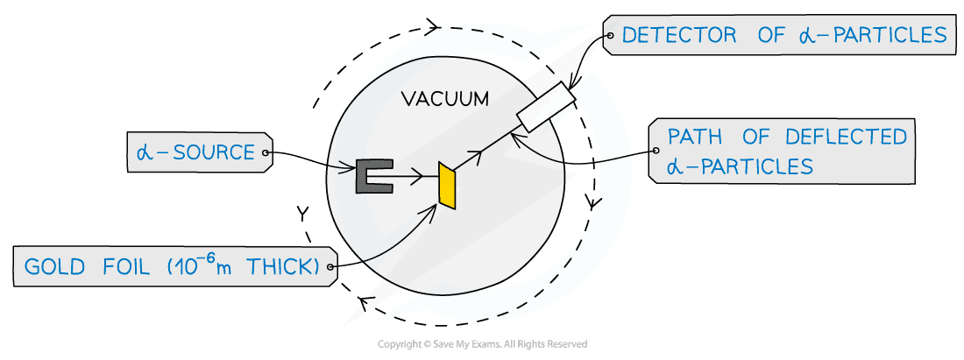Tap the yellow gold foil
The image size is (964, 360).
(x=448, y=185)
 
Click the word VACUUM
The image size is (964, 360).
(x=444, y=99)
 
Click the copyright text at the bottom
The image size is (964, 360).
(x=482, y=344)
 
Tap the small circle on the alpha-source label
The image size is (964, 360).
(x=264, y=152)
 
